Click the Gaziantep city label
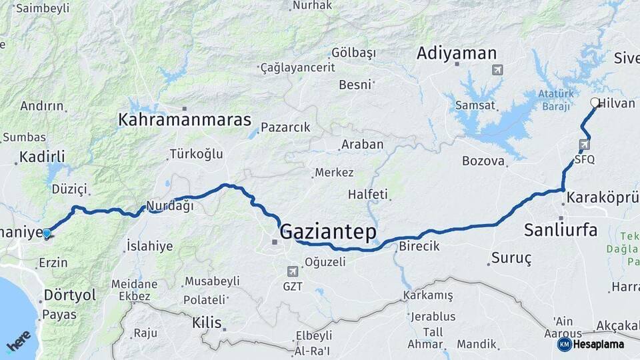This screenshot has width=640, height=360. click(328, 232)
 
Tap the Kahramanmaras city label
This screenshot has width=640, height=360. click(185, 120)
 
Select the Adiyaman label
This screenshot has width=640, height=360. click(457, 54)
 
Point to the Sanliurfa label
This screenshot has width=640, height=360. click(561, 231)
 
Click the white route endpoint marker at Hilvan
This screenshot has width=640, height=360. click(595, 103)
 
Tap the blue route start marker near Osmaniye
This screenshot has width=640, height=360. click(47, 233)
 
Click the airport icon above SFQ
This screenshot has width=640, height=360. click(585, 144)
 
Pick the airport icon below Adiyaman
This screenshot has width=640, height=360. click(497, 69)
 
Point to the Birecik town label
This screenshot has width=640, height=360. click(419, 246)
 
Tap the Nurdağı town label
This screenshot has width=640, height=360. click(171, 206)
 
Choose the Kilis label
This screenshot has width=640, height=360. click(206, 323)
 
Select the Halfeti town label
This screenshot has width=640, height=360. click(367, 195)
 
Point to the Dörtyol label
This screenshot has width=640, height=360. click(69, 295)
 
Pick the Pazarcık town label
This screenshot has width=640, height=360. click(285, 127)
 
